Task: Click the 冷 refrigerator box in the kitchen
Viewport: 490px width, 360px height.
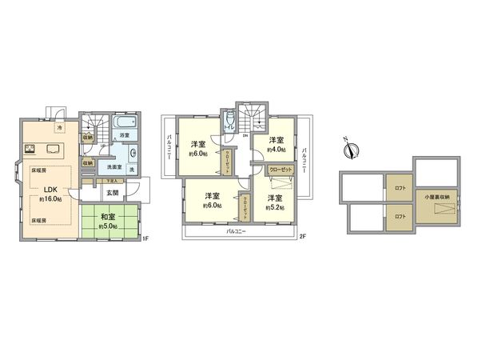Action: click(60, 127)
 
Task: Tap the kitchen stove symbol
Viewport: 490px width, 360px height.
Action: click(30, 148)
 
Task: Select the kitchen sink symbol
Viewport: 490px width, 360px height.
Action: click(54, 148)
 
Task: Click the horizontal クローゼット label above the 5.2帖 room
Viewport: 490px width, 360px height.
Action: click(280, 170)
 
